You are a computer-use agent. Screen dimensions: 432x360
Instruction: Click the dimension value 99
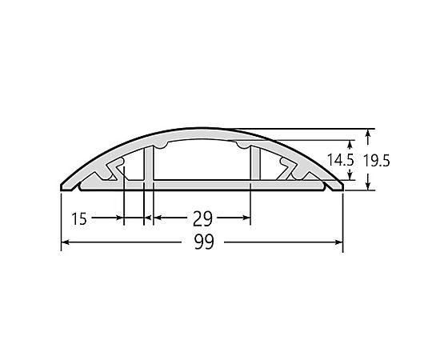pyautogui.click(x=204, y=242)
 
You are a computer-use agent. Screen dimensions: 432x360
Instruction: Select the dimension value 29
pyautogui.click(x=202, y=218)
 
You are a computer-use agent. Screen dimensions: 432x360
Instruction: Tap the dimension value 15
pyautogui.click(x=79, y=218)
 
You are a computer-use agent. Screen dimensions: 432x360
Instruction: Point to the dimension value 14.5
pyautogui.click(x=340, y=160)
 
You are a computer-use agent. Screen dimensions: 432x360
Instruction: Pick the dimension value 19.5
pyautogui.click(x=377, y=161)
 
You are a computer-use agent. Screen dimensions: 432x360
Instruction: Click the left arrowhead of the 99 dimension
pyautogui.click(x=65, y=242)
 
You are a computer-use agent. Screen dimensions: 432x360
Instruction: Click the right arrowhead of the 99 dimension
pyautogui.click(x=339, y=242)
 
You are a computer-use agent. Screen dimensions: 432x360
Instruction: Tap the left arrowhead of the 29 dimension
pyautogui.click(x=157, y=218)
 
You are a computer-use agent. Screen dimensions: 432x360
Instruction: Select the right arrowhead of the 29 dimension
pyautogui.click(x=246, y=218)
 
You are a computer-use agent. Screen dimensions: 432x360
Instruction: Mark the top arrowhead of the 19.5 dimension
pyautogui.click(x=367, y=134)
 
